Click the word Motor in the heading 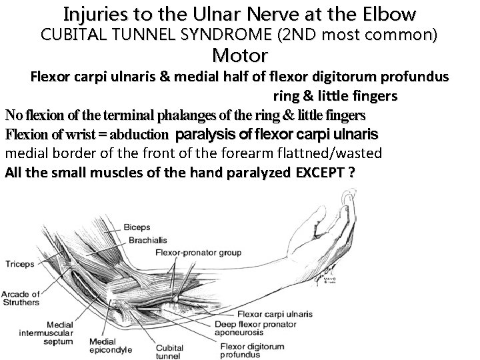[240, 55]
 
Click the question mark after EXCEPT [351, 172]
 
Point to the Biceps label [137, 227]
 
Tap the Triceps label [19, 264]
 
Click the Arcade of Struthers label [21, 299]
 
